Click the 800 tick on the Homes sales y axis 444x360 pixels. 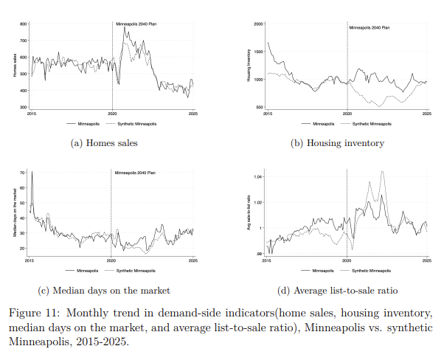coord(24,24)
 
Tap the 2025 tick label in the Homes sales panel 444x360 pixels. coord(192,113)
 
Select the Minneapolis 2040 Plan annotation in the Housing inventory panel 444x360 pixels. coord(369,27)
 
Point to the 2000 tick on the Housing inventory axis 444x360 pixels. coord(258,24)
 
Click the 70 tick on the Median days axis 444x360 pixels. coord(24,171)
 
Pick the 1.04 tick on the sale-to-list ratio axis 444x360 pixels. coord(259,177)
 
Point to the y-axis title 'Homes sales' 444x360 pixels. coord(13,66)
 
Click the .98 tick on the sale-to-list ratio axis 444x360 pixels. coord(260,254)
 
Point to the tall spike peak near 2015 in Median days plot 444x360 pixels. coord(32,172)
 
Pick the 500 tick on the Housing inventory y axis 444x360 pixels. coord(260,107)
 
